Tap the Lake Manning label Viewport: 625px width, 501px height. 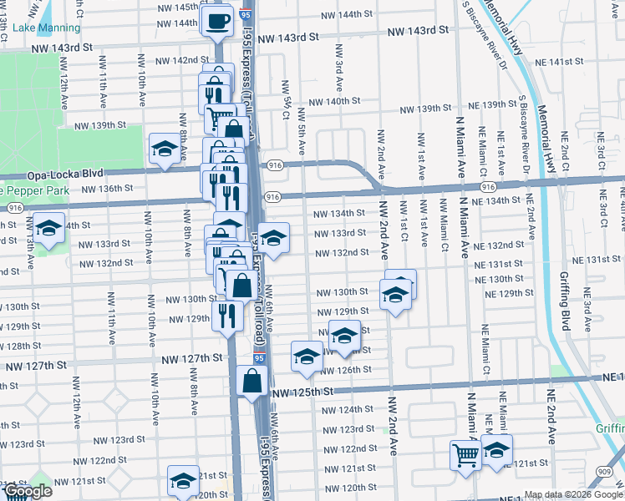pos(37,28)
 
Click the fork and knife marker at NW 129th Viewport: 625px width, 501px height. pos(226,315)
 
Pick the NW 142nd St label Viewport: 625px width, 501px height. pos(178,60)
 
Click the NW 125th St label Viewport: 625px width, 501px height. pos(302,391)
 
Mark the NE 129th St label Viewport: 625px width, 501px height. pos(510,293)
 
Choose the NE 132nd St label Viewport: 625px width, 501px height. pos(497,245)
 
